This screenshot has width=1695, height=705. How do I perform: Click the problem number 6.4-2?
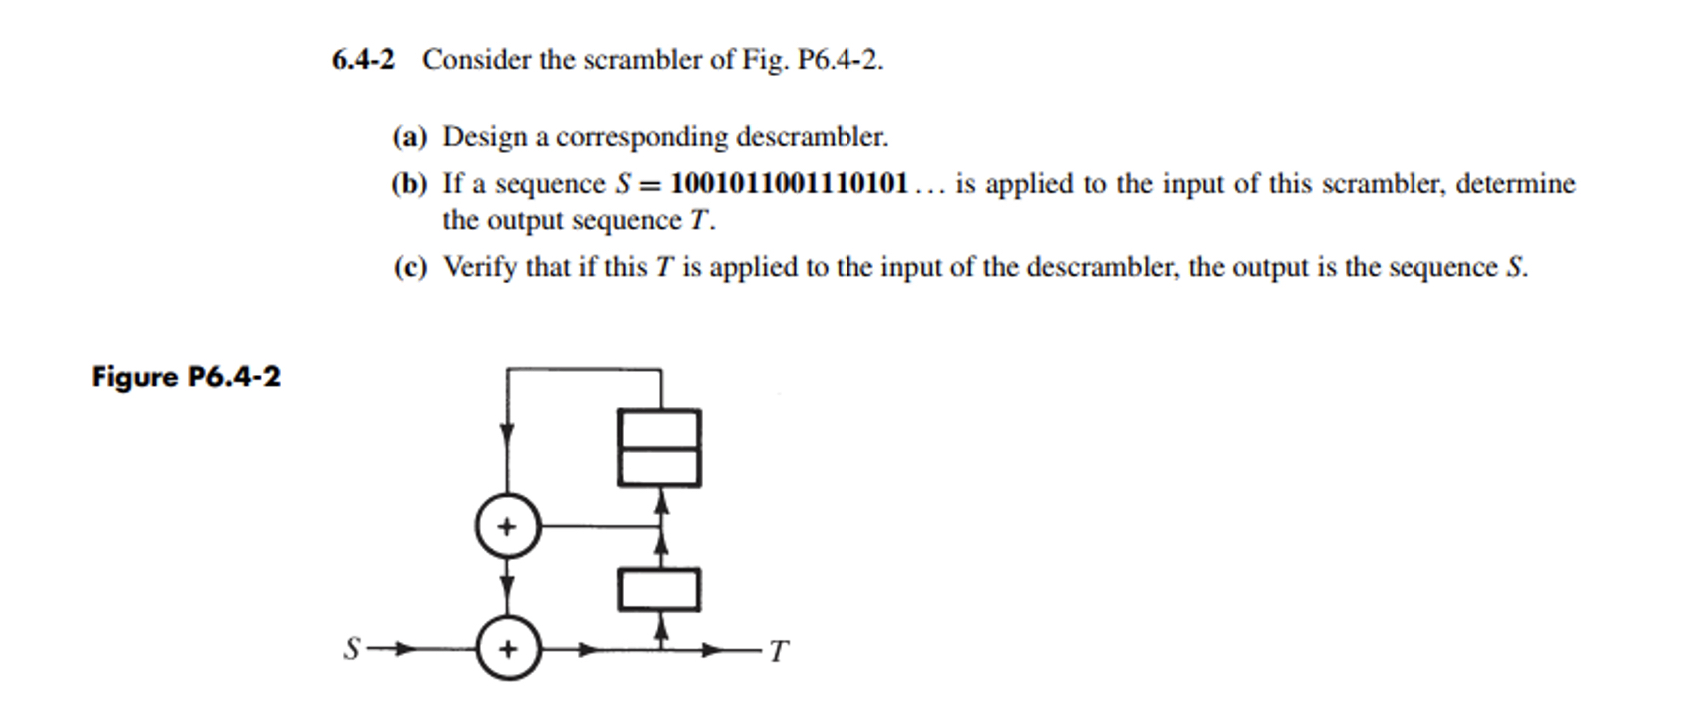coord(363,60)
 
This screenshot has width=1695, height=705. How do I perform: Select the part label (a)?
coord(409,136)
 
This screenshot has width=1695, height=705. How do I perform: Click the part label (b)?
coord(409,184)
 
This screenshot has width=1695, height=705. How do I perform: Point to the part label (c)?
coord(409,267)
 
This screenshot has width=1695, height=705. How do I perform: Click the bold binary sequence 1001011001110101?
coord(790,184)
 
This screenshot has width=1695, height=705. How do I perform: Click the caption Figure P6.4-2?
coord(186,377)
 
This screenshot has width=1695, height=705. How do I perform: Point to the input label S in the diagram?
coord(351,650)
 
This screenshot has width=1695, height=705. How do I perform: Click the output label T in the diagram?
coord(779,651)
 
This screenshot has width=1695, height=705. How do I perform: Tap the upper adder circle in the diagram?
coord(508,526)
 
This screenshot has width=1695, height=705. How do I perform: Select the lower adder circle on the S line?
coord(508,650)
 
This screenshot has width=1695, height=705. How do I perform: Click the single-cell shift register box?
coord(659,589)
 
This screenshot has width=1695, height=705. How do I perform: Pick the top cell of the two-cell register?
coord(659,429)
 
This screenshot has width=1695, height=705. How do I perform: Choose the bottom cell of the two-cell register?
coord(659,467)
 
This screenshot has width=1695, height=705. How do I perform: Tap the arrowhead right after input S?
coord(403,650)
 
